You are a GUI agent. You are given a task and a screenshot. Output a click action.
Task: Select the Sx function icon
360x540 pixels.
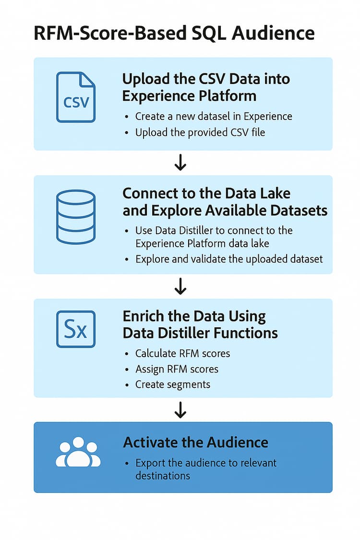(76, 329)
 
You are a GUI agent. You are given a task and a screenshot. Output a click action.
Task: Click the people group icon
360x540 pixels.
(78, 452)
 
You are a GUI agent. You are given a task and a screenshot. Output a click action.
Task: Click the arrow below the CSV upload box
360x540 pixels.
(180, 163)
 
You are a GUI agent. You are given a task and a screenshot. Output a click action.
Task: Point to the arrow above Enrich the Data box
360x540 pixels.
(180, 287)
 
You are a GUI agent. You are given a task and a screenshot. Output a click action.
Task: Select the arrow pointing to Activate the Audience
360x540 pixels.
(180, 409)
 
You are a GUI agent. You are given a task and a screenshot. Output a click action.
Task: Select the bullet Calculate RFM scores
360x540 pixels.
(182, 353)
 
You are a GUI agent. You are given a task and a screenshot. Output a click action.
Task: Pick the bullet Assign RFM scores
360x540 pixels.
(177, 369)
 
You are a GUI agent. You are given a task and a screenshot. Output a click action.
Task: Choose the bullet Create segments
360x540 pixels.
(172, 384)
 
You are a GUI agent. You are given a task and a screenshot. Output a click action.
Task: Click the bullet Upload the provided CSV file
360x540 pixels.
(200, 132)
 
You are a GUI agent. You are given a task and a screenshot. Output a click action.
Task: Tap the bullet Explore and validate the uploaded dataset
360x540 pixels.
(229, 259)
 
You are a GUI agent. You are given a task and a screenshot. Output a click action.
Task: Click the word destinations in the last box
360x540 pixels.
(163, 476)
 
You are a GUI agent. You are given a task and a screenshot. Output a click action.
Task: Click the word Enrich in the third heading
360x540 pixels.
(144, 317)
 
